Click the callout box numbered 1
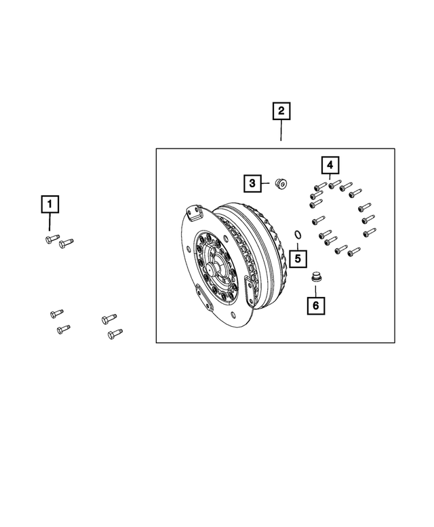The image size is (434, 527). coord(50,203)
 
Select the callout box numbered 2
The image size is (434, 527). coord(281,111)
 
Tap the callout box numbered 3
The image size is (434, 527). coord(252,182)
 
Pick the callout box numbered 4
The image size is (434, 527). coord(329,165)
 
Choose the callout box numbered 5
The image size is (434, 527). coord(296,258)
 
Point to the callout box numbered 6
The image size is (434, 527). coord(315,306)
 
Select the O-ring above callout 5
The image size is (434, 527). coord(297,235)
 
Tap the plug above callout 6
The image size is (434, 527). coord(315,277)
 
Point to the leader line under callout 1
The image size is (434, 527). coord(50,222)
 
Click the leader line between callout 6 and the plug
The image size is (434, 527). coord(315,290)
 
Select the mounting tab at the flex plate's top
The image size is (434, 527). coord(195,213)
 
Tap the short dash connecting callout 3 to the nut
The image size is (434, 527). coord(266,182)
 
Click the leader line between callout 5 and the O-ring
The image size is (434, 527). coord(297,245)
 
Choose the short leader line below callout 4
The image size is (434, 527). coord(329,178)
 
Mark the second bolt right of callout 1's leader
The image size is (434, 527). coord(66,242)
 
